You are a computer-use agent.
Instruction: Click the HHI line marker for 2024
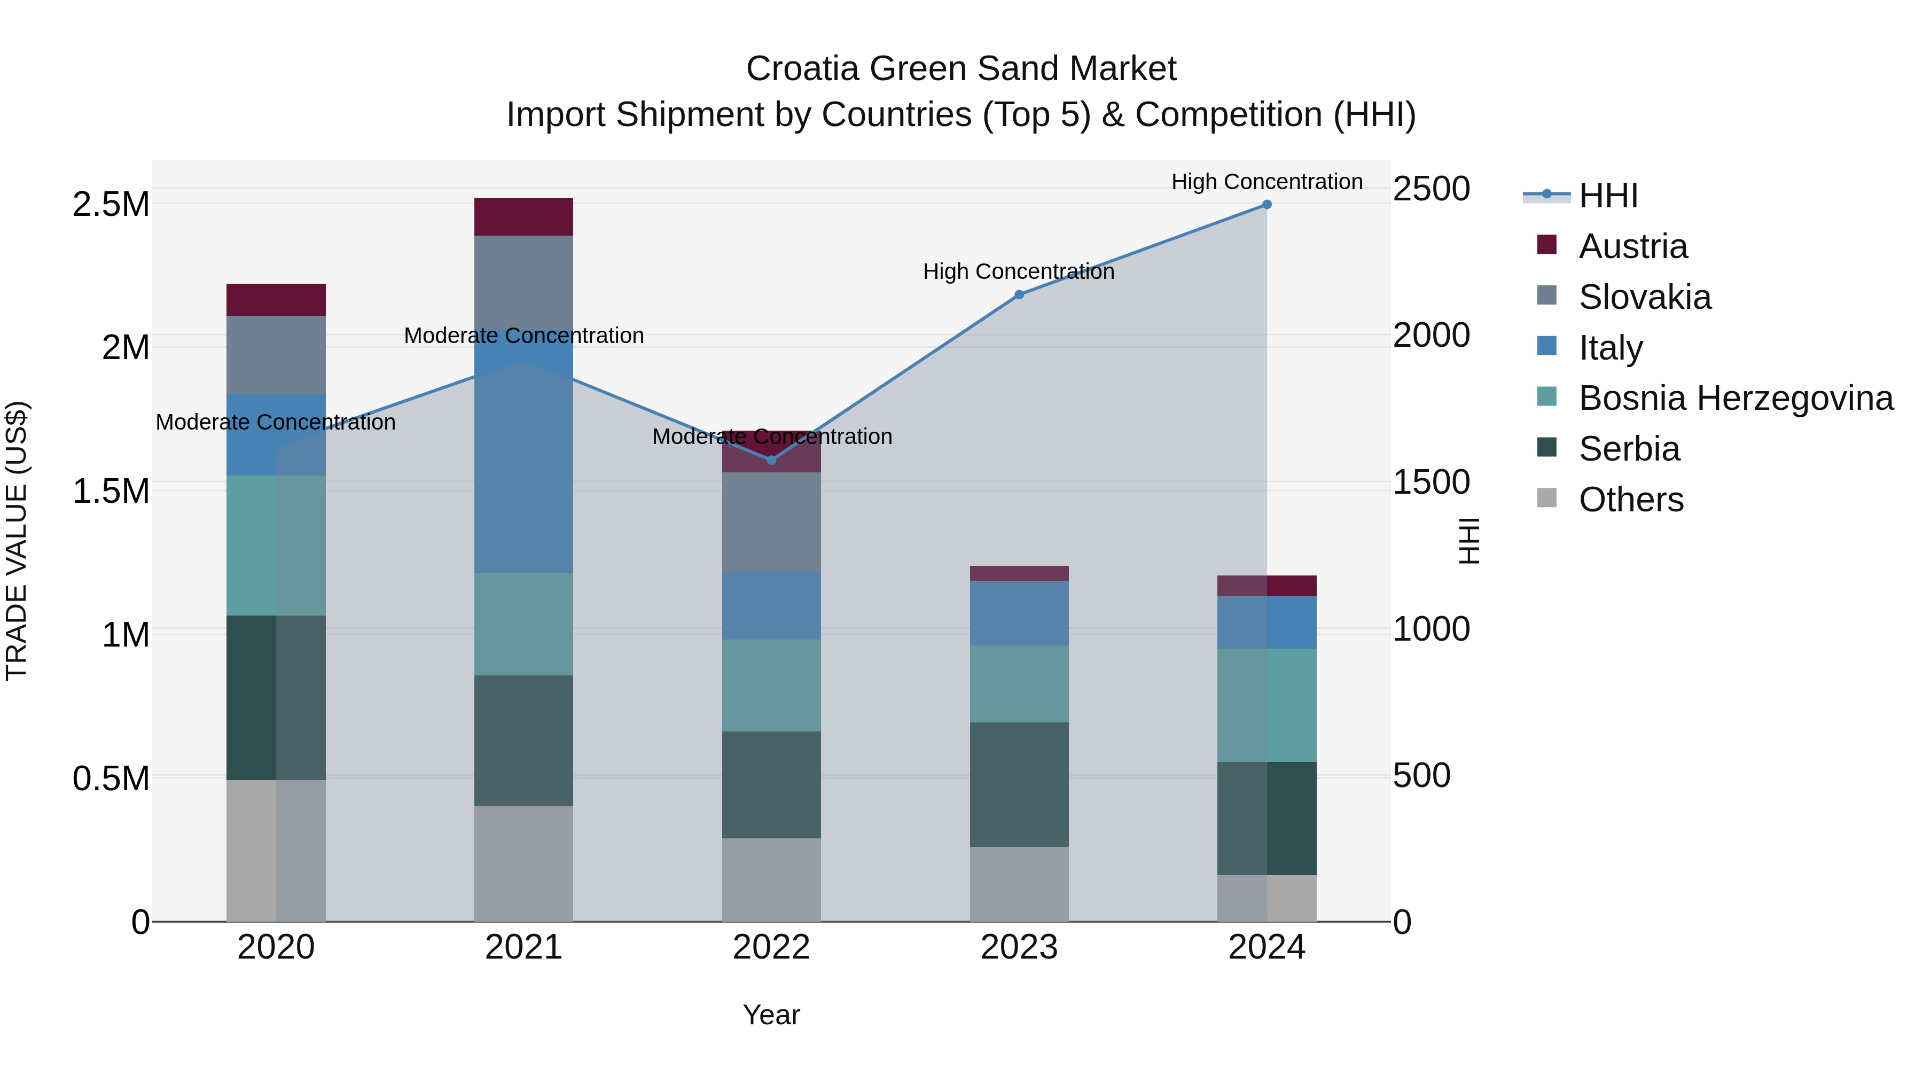(x=1267, y=205)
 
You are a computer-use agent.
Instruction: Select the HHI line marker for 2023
(x=1019, y=295)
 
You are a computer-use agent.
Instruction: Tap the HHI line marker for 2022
(x=772, y=461)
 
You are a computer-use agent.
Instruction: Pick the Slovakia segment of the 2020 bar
(x=276, y=355)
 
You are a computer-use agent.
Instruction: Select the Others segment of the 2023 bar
(x=1019, y=884)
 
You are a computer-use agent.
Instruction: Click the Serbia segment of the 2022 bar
(x=771, y=785)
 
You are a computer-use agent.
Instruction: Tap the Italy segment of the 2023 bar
(x=1019, y=613)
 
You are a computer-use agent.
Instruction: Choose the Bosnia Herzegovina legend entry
(x=1736, y=399)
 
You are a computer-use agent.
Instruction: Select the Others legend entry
(x=1631, y=500)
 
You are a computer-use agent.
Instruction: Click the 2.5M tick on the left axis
(x=111, y=205)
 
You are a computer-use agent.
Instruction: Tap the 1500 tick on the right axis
(x=1431, y=482)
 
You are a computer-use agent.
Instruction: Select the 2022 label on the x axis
(x=771, y=947)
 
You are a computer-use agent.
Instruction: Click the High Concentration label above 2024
(x=1267, y=182)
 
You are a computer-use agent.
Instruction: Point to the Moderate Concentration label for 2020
(x=276, y=423)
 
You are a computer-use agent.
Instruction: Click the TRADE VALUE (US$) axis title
(x=17, y=541)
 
